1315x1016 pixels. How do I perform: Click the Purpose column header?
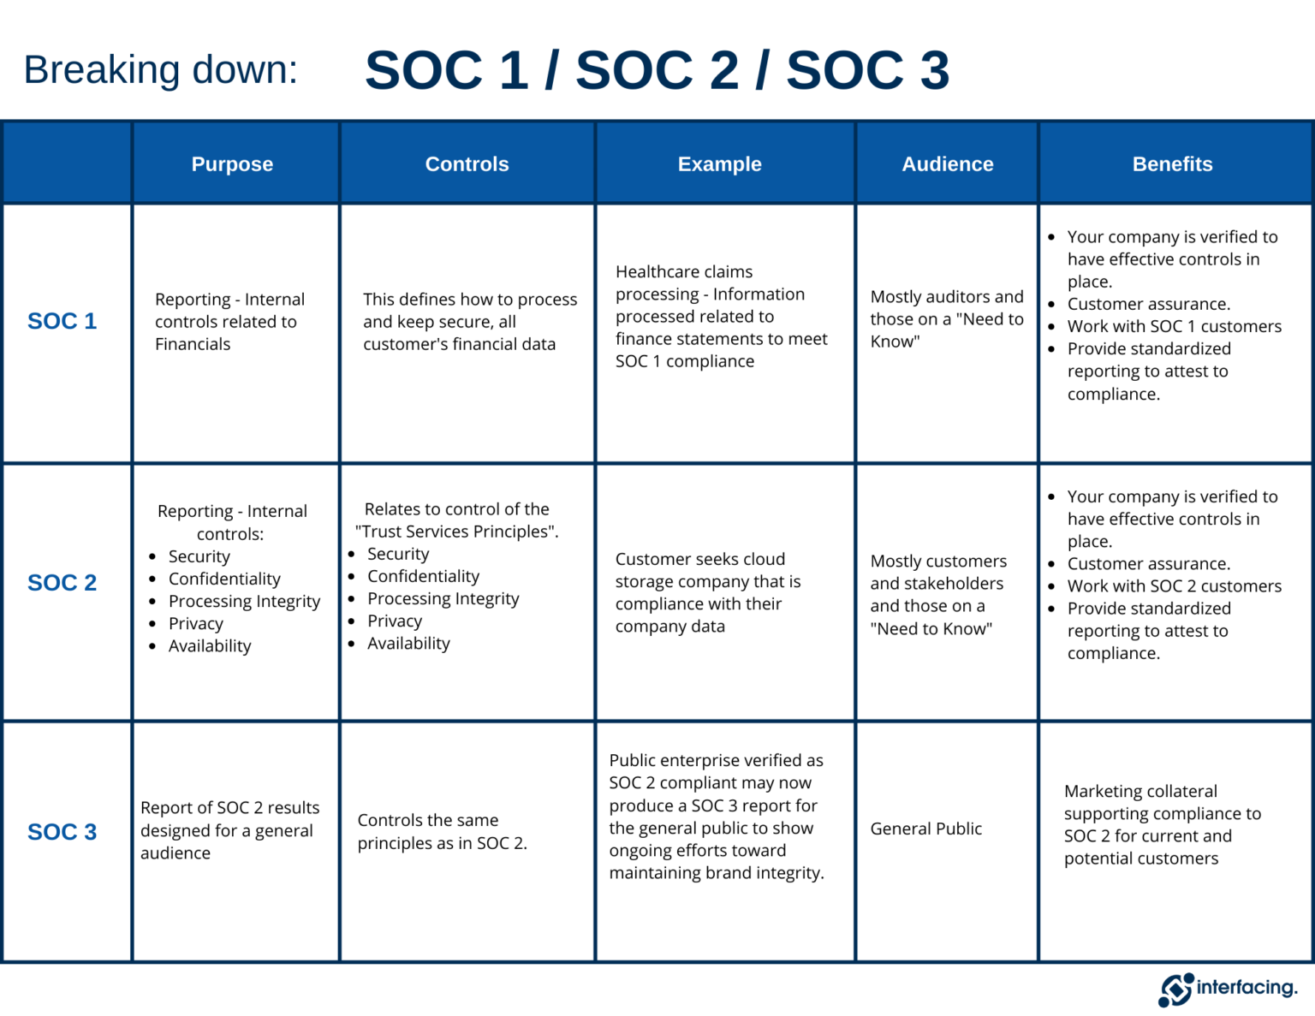[x=232, y=164]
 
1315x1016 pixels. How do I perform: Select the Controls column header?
[x=467, y=164]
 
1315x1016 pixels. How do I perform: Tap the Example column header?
[x=719, y=164]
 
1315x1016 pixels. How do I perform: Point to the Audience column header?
[x=947, y=164]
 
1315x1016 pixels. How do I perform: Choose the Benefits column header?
[x=1172, y=164]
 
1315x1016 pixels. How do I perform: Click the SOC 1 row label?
[x=62, y=321]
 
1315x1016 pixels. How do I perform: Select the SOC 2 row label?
[x=62, y=583]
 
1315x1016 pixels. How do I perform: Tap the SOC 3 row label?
[x=62, y=832]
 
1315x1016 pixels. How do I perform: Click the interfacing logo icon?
[x=1175, y=989]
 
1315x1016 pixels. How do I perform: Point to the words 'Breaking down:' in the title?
[x=161, y=70]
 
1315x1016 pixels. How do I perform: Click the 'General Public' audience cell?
[x=925, y=829]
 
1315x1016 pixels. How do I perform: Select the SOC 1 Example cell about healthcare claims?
[x=721, y=316]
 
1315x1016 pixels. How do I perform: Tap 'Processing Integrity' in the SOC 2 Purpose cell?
[x=244, y=602]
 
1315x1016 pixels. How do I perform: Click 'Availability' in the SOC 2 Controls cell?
[x=408, y=644]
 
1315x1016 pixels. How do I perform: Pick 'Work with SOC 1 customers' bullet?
[x=1174, y=327]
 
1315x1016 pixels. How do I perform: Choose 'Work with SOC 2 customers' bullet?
[x=1174, y=586]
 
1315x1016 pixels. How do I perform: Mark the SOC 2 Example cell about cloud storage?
[x=707, y=592]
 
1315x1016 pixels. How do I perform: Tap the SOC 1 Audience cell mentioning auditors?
[x=946, y=318]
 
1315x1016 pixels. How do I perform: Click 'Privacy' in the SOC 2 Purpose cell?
[x=195, y=624]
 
